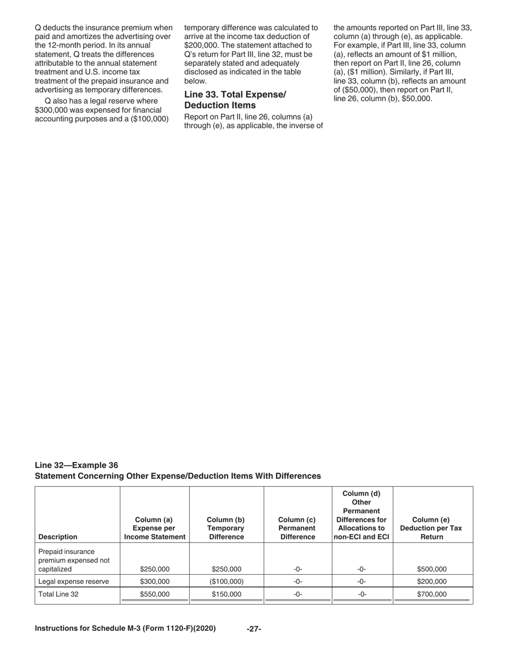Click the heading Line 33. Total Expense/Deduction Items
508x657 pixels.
click(235, 100)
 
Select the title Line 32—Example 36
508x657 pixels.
click(76, 465)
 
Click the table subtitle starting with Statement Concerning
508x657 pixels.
click(178, 476)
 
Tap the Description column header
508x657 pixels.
click(58, 537)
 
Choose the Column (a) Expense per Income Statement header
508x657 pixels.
click(155, 528)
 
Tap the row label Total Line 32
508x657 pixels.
click(58, 594)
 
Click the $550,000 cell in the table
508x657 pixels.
click(155, 594)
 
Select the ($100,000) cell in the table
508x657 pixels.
click(227, 582)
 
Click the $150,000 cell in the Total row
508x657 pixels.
click(227, 594)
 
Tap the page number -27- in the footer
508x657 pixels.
click(253, 629)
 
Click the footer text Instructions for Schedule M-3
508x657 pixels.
click(125, 629)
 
